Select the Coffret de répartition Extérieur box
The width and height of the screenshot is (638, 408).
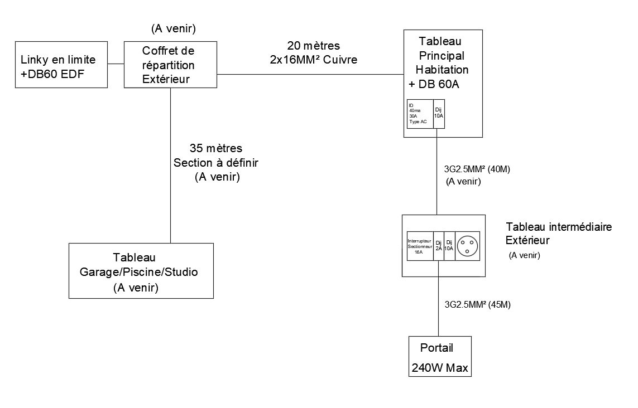[170, 65]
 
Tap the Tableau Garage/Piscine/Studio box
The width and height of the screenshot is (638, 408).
[141, 270]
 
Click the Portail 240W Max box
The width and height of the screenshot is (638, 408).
[440, 357]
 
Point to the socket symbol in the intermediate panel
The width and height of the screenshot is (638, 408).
[467, 246]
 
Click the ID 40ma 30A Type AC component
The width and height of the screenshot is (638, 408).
[420, 114]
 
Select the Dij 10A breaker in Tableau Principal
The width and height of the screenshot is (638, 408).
[439, 114]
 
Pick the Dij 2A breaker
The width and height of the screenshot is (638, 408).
[439, 246]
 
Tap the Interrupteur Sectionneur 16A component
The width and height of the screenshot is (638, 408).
[420, 246]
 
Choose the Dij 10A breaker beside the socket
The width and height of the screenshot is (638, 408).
[449, 246]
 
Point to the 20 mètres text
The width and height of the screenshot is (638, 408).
[313, 45]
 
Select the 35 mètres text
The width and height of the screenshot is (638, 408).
[216, 148]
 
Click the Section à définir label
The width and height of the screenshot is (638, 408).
[216, 163]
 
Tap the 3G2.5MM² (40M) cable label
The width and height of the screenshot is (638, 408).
[478, 169]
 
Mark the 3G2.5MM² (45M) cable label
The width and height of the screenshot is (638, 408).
[478, 305]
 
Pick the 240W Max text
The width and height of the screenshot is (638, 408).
[440, 368]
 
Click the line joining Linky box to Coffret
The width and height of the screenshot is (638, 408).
[115, 64]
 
